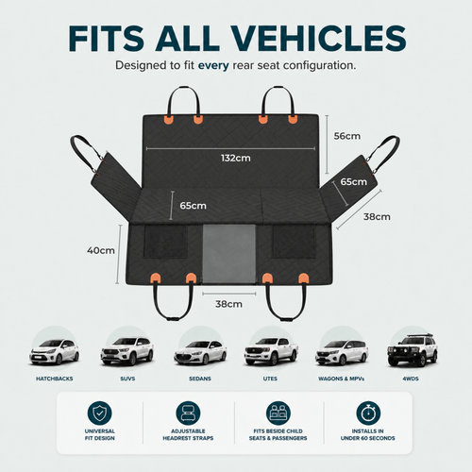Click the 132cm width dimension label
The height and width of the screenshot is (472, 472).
point(236,158)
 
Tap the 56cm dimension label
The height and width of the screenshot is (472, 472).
point(347,136)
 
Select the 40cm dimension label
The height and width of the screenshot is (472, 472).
point(101,250)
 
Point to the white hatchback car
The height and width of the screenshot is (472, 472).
point(54,352)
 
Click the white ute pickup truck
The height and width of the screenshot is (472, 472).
point(271,351)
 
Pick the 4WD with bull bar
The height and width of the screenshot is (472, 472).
point(413,350)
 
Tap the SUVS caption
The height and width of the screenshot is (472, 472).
point(127,379)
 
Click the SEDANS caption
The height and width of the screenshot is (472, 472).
point(200,379)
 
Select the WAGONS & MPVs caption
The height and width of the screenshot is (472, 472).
point(341,379)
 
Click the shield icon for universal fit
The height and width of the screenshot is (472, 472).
point(99,413)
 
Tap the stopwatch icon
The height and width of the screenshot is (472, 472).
point(368,413)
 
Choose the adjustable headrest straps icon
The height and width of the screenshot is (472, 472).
point(188,413)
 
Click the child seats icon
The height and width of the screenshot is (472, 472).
point(278,413)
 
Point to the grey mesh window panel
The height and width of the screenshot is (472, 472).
point(229,254)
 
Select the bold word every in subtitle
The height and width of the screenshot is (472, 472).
point(213,65)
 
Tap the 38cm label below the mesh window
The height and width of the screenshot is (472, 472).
point(228,304)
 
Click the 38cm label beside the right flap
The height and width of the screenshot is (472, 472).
point(377,217)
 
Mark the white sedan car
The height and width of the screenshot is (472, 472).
point(200,352)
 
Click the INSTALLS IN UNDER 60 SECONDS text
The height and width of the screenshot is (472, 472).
point(368,434)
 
